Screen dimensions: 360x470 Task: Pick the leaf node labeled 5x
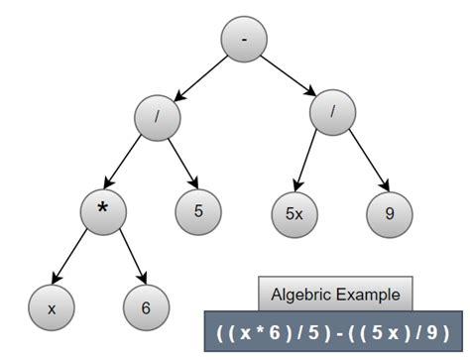tap(295, 212)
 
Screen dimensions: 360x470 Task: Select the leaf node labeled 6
tap(146, 306)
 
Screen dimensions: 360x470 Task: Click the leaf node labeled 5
tap(199, 212)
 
